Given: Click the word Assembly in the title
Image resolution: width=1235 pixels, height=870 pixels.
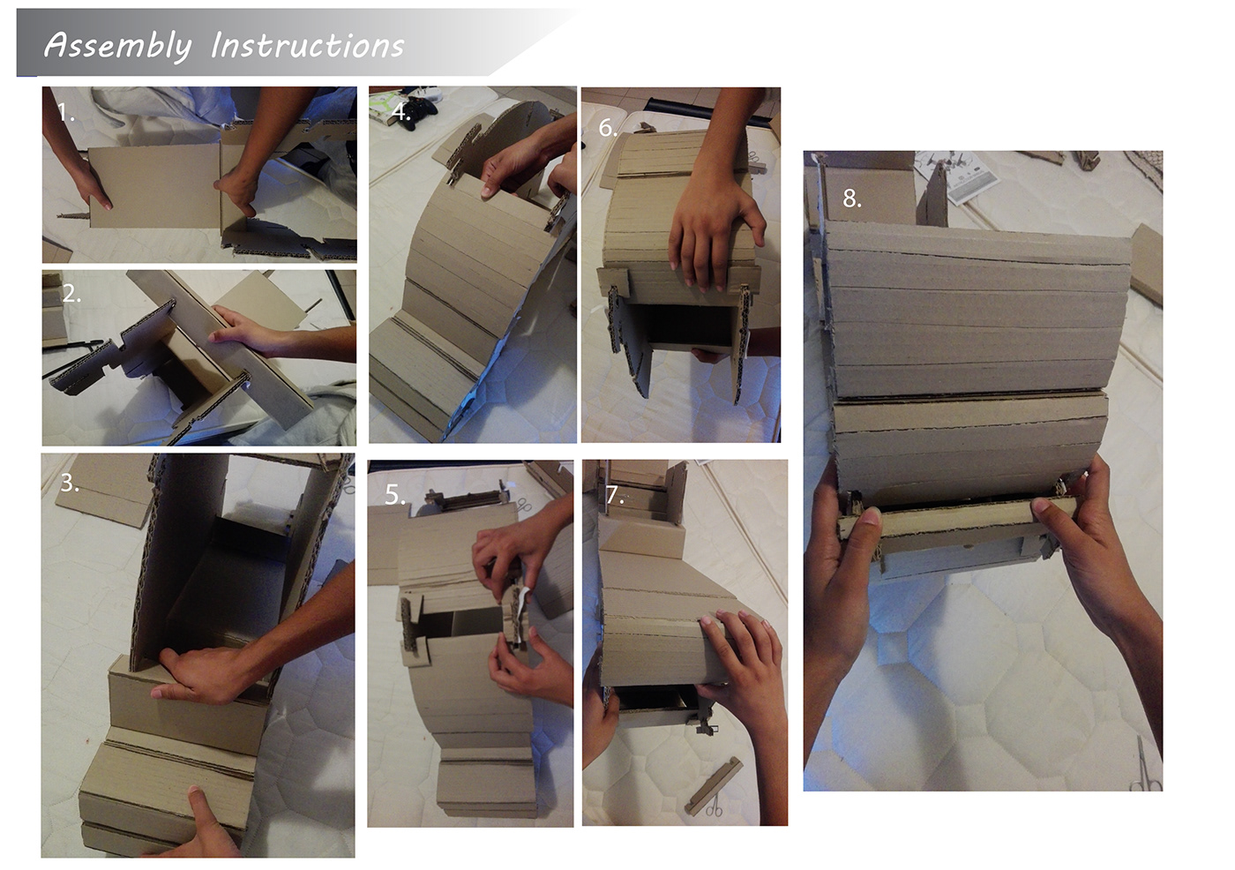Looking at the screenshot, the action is (x=117, y=46).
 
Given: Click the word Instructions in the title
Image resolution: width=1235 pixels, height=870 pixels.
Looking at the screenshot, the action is (x=308, y=45).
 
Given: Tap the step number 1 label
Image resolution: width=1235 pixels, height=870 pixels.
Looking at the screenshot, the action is (x=65, y=112).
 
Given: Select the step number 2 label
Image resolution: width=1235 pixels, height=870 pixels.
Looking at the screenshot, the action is (x=71, y=293).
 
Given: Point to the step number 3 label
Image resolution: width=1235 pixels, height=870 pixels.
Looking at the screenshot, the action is (x=70, y=483).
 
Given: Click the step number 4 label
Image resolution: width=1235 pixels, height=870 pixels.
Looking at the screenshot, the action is (x=400, y=112).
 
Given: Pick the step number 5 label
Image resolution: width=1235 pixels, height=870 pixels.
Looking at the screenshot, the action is (x=395, y=495).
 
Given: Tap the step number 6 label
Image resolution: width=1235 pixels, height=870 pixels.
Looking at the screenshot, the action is (x=608, y=128).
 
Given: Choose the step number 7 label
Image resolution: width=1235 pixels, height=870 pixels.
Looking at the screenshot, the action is (x=614, y=494).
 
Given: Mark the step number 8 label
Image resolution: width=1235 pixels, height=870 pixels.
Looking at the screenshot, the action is (x=852, y=199).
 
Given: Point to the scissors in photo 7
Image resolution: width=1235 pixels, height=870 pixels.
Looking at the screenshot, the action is (x=713, y=805).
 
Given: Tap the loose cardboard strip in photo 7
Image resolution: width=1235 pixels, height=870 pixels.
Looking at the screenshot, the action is (x=713, y=785).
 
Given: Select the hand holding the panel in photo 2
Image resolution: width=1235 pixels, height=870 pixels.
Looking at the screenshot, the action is (x=248, y=333).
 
